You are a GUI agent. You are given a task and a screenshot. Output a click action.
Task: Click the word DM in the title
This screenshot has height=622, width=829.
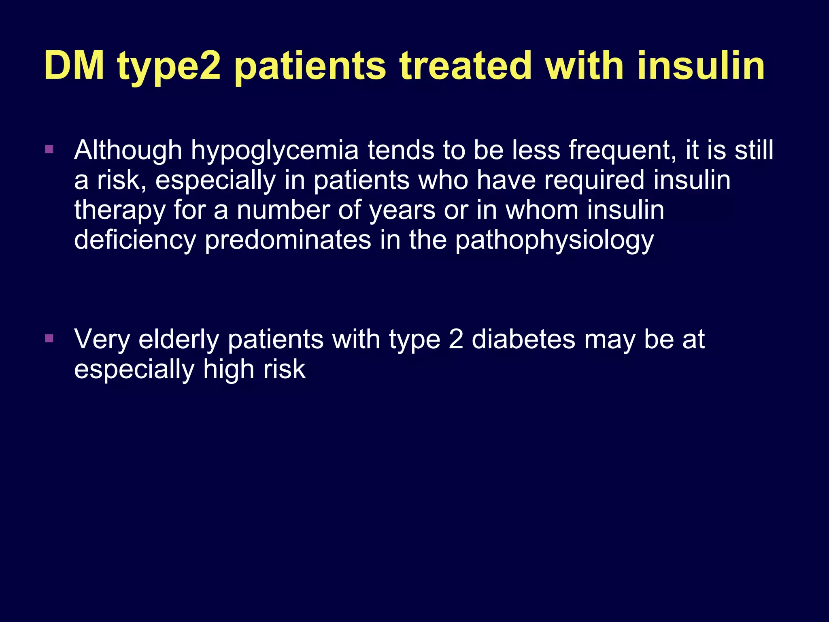(74, 66)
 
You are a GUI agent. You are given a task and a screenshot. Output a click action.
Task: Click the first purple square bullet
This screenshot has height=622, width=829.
(49, 149)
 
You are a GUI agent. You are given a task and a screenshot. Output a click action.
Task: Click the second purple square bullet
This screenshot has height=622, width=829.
(49, 338)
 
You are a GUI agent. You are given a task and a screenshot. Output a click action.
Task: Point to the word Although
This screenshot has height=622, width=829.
(128, 151)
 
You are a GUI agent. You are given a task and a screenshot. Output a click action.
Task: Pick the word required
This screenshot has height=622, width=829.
(594, 181)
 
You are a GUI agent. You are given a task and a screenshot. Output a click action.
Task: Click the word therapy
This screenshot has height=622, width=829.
(120, 211)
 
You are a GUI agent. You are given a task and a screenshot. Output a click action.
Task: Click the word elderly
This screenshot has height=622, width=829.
(179, 340)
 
